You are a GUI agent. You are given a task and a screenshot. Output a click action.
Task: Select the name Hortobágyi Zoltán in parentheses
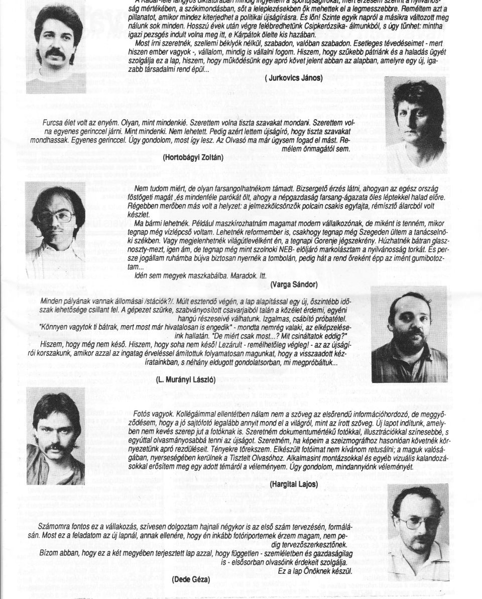(193, 157)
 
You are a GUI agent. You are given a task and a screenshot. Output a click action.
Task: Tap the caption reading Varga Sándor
(294, 284)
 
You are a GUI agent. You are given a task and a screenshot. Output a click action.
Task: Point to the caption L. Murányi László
(186, 379)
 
